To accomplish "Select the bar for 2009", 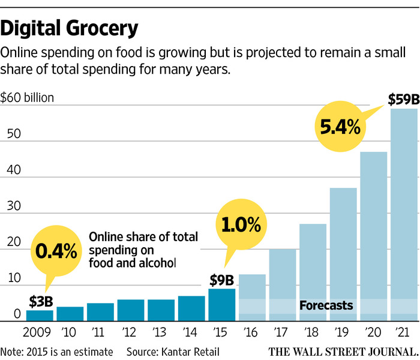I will [x=40, y=316].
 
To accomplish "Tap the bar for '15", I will [x=221, y=305].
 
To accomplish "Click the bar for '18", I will [x=312, y=272].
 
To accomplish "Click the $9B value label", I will [x=222, y=280].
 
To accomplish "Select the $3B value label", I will [x=40, y=301].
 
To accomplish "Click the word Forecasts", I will [x=326, y=306].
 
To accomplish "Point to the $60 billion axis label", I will [x=27, y=97].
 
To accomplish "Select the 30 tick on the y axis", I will [x=13, y=206].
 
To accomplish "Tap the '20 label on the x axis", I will [x=372, y=332].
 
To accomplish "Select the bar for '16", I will [x=252, y=298].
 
